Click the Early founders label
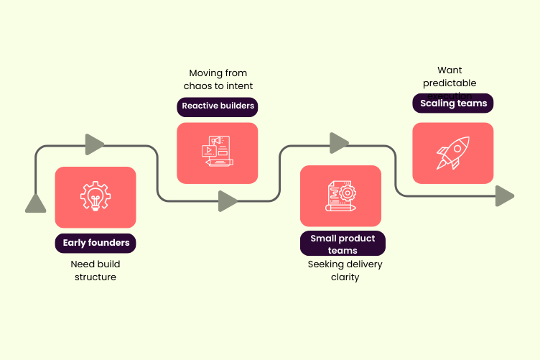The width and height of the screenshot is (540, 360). [x=96, y=243]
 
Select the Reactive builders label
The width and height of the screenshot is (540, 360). [x=218, y=106]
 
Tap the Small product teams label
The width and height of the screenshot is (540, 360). [x=342, y=244]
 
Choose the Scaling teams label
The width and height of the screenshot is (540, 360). [x=453, y=103]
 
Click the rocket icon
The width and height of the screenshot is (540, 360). [x=452, y=153]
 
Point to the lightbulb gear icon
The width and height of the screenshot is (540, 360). [x=96, y=196]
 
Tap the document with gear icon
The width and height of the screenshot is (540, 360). [x=340, y=195]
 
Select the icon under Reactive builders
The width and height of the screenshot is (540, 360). [x=217, y=152]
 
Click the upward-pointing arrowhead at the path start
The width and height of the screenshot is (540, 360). [x=35, y=203]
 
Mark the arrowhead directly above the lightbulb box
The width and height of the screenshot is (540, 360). [x=95, y=144]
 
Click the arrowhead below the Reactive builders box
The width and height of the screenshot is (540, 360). [x=228, y=201]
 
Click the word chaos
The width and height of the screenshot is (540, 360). [x=204, y=86]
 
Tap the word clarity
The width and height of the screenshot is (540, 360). [x=345, y=277]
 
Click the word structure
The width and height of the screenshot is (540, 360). [x=95, y=277]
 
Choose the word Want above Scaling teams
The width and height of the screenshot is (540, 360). [x=450, y=70]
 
